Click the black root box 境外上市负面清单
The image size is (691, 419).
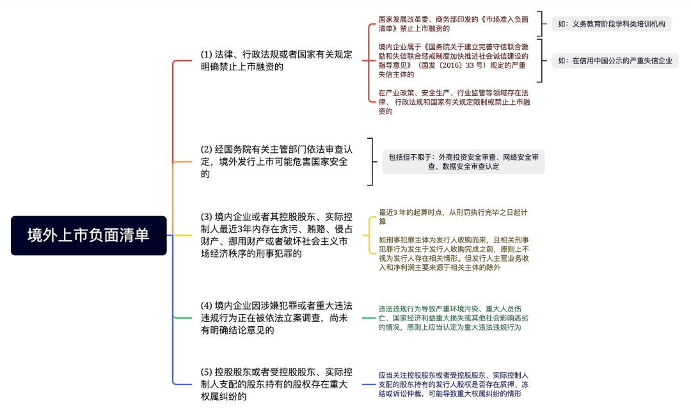point(88,235)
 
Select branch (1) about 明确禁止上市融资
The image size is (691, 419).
point(276,60)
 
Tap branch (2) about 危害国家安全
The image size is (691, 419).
point(276,162)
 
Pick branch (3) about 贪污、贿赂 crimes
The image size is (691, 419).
point(276,235)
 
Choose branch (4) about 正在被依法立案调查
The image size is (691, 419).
point(276,318)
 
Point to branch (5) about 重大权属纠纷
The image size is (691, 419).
point(276,384)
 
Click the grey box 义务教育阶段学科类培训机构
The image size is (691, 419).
point(611,24)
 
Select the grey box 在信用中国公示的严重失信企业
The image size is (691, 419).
point(615,61)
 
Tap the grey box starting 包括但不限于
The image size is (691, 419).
point(463,162)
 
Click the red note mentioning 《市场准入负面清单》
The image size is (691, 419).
point(453,24)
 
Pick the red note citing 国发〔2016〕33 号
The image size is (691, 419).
point(453,61)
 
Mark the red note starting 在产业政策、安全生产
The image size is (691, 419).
point(454,102)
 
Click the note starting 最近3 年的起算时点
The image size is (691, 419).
point(453,217)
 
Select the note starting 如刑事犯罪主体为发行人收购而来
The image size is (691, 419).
point(454,254)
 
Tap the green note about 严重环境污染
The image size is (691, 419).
point(453,318)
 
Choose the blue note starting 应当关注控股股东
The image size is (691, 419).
point(453,384)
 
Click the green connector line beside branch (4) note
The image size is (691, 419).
point(369,318)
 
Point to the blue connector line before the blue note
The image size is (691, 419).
point(369,384)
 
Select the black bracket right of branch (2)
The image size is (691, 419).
point(372,162)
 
